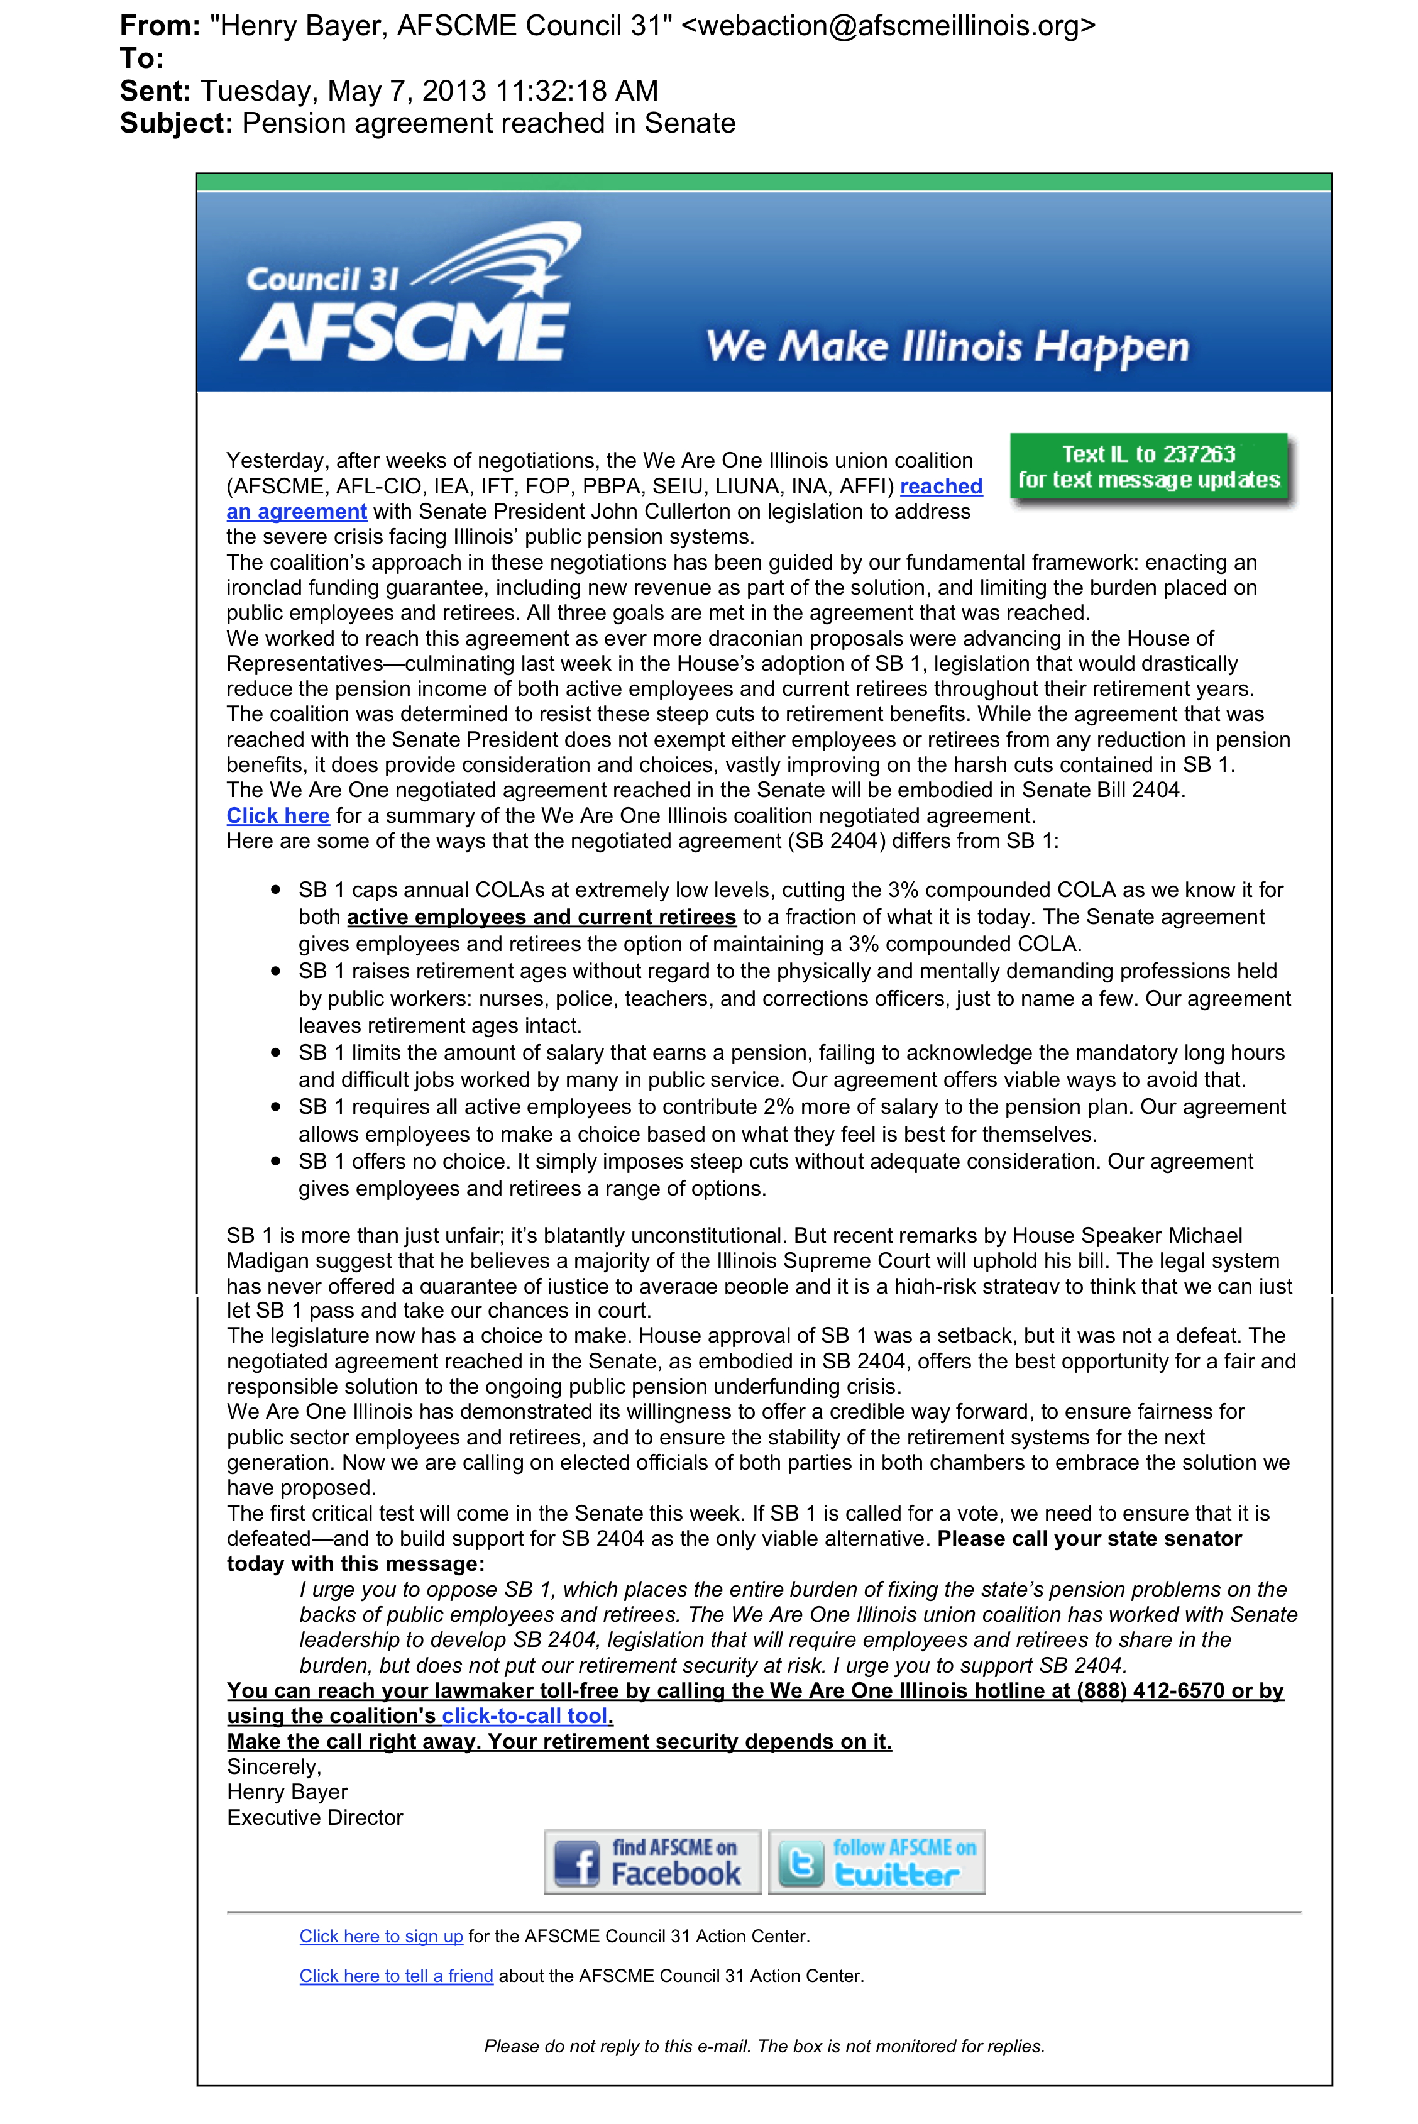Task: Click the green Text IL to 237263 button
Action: tap(1148, 468)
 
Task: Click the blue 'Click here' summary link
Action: tap(278, 816)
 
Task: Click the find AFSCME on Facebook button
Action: tap(652, 1863)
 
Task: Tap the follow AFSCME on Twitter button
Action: tap(876, 1863)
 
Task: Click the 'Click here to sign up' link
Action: tap(381, 1936)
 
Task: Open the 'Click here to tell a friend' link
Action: tap(396, 1976)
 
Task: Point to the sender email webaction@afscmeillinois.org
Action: tap(887, 25)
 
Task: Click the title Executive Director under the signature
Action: tap(315, 1817)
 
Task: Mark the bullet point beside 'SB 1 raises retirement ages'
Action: tap(276, 971)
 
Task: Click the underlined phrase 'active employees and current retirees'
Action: tap(541, 917)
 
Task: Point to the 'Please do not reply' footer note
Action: tap(764, 2046)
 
